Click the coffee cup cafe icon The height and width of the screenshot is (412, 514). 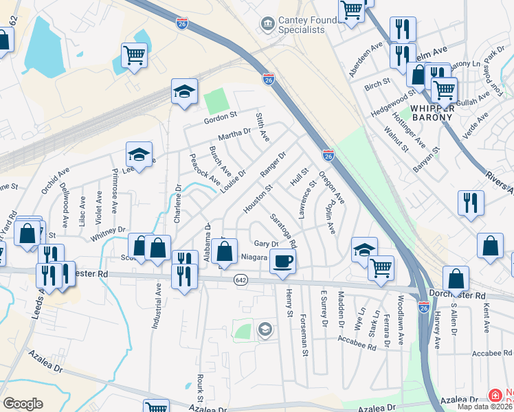[282, 261]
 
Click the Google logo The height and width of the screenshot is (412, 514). [23, 404]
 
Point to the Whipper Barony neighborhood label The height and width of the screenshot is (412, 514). [432, 112]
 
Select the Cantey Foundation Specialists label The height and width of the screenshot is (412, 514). [301, 25]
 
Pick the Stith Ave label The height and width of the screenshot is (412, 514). [262, 128]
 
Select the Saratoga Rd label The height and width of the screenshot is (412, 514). [283, 230]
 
